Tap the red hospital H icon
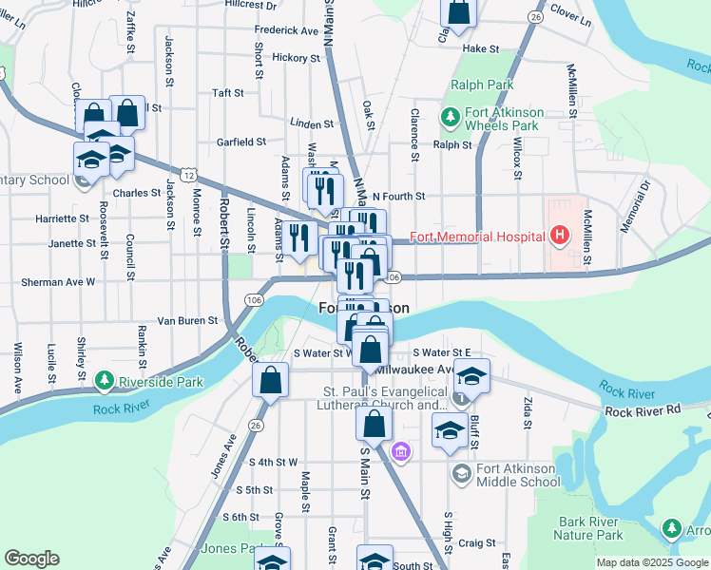pyautogui.click(x=560, y=235)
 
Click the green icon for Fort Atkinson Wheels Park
pyautogui.click(x=451, y=117)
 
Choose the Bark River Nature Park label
pyautogui.click(x=605, y=528)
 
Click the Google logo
pyautogui.click(x=31, y=559)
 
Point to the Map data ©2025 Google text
pyautogui.click(x=651, y=562)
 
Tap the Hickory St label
pyautogui.click(x=296, y=58)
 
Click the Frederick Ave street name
pyautogui.click(x=286, y=30)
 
